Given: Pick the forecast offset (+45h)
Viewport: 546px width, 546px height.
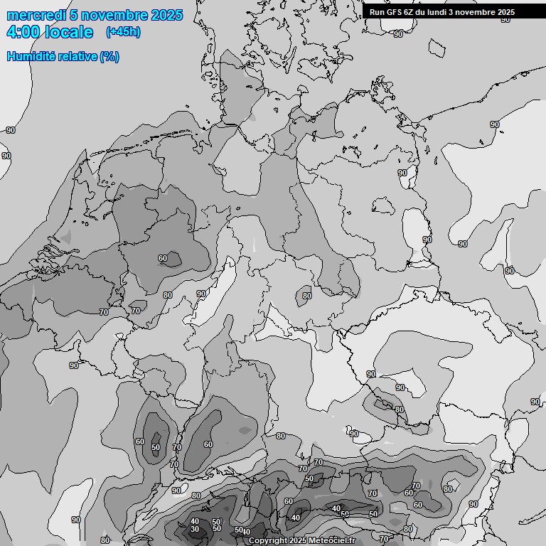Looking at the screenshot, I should click(x=123, y=32).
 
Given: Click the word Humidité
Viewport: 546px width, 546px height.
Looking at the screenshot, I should click(x=29, y=57).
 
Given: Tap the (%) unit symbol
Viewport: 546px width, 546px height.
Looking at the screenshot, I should click(x=109, y=57).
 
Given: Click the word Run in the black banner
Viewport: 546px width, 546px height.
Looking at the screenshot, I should click(x=377, y=12).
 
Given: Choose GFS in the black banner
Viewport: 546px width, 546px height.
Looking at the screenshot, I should click(x=394, y=12).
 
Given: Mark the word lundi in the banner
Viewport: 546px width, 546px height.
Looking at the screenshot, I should click(x=439, y=12).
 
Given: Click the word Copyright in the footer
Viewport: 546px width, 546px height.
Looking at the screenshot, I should click(x=268, y=541).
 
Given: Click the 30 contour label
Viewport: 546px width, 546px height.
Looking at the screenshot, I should click(x=195, y=529).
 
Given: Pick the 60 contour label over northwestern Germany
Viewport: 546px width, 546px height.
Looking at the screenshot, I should click(x=163, y=258).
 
